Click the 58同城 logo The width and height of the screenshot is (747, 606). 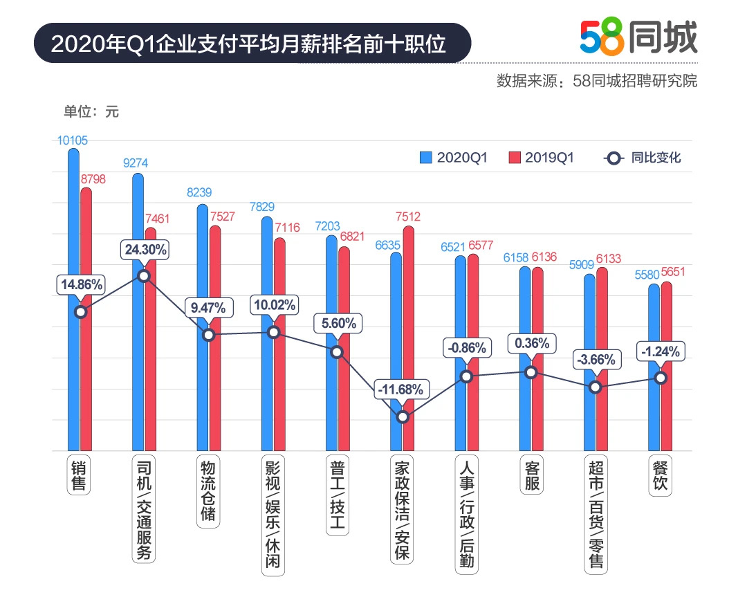tap(638, 37)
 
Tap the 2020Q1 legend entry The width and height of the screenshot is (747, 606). tap(454, 158)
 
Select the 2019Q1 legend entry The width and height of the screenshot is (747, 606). tap(541, 158)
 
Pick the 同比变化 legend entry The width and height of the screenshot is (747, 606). tap(643, 158)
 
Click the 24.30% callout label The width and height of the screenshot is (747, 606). tap(145, 250)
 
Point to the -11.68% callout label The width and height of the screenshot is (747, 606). tap(400, 389)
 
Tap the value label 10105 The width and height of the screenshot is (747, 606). tap(73, 140)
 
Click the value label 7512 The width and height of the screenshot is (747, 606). tap(408, 217)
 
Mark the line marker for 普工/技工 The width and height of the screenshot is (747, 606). tap(337, 352)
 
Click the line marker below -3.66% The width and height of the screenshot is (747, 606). tap(596, 387)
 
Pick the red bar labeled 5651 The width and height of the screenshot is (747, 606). tap(666, 367)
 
